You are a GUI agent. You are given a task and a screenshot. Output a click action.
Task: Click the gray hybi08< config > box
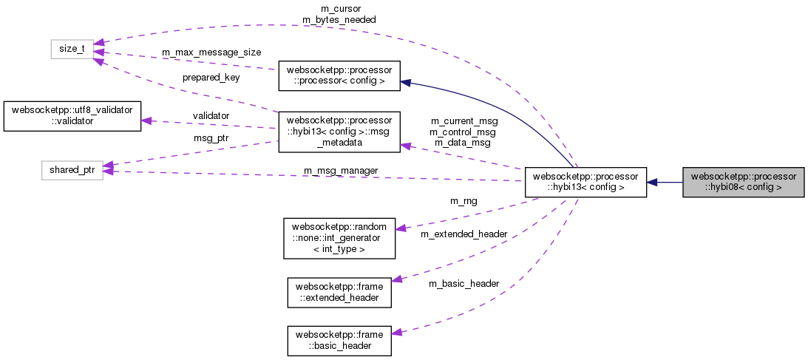742,182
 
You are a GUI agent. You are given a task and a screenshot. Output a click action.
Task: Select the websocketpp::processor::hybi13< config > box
585,182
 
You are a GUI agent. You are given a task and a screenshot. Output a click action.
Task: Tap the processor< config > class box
339,75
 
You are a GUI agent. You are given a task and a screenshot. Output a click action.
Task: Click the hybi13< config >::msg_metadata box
339,132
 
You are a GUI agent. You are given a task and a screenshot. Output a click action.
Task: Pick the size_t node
72,49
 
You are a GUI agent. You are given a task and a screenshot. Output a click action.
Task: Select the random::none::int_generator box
339,237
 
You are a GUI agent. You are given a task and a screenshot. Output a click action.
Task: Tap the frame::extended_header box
339,291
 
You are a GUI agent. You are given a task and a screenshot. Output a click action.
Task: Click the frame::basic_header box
339,340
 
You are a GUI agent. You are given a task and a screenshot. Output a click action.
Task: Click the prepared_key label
211,77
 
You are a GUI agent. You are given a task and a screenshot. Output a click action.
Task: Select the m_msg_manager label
341,171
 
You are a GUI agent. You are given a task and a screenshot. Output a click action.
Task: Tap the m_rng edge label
464,200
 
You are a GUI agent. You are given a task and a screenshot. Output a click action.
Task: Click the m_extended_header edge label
464,234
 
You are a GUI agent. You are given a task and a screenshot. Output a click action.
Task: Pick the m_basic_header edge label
464,283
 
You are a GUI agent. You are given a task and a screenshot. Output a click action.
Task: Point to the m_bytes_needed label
339,19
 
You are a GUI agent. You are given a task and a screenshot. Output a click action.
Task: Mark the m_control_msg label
464,131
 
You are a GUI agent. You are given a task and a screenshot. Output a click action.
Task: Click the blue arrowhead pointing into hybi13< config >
653,182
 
